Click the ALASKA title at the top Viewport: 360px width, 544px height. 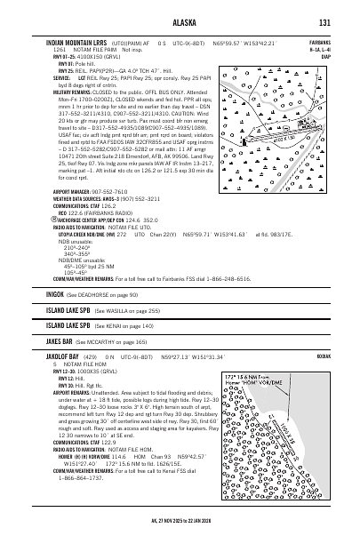[180, 24]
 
